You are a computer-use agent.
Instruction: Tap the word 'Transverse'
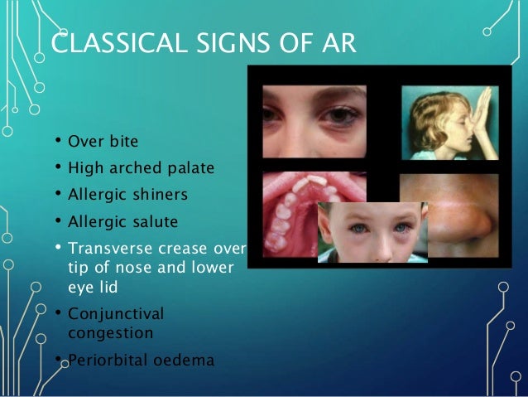(111, 248)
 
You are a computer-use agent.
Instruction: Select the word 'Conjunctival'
(116, 314)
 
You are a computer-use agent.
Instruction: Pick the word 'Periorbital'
(108, 360)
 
